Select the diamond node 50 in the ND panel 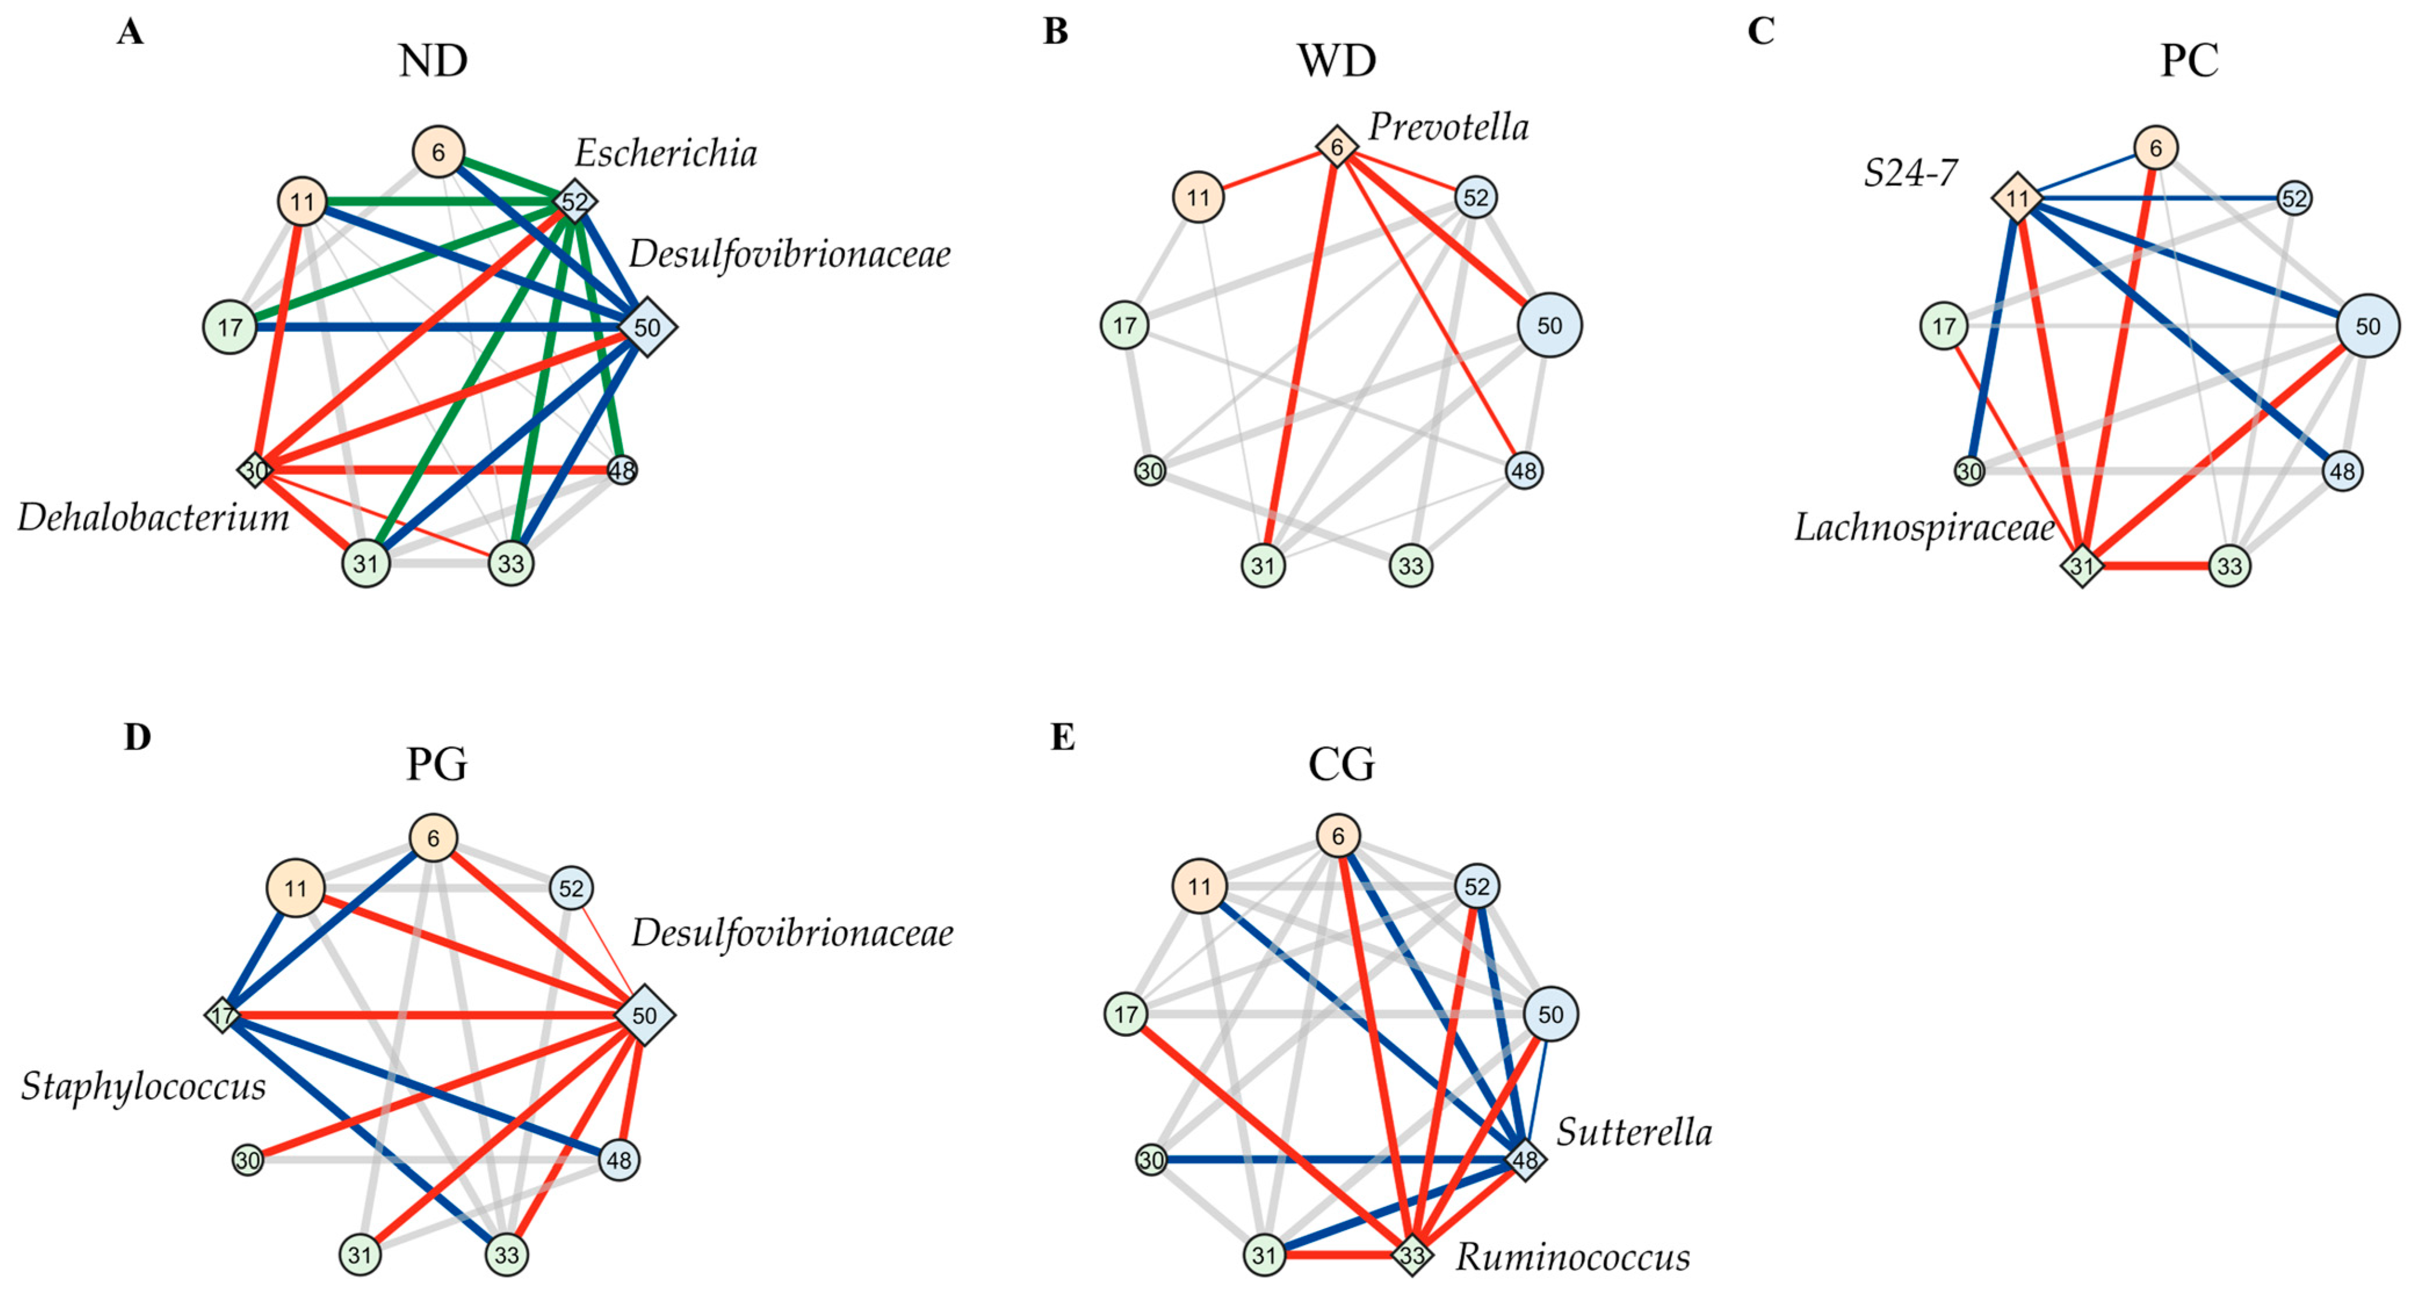point(646,327)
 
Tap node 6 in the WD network point(1336,147)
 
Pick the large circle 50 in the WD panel point(1549,325)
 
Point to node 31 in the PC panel point(2082,566)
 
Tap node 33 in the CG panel point(1412,1254)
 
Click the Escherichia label point(666,153)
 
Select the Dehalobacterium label point(153,517)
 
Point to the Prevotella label point(1447,127)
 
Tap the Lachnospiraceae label point(1924,528)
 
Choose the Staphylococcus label point(143,1086)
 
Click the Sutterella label point(1634,1132)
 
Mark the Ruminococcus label point(1573,1257)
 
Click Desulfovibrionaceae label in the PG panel point(792,933)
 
